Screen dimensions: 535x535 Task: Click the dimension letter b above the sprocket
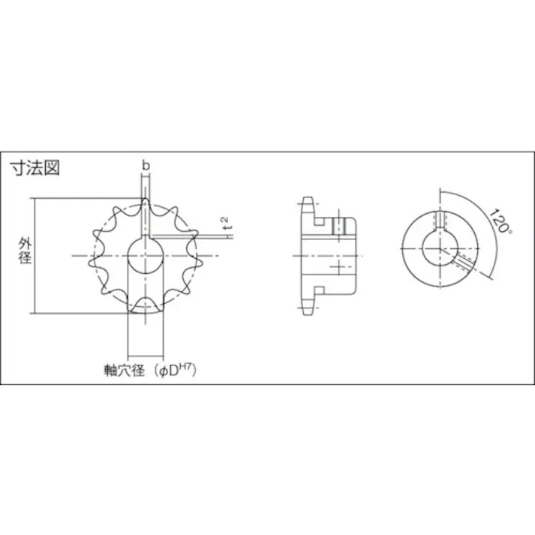click(x=146, y=165)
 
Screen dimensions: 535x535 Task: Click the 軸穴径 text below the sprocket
click(x=125, y=370)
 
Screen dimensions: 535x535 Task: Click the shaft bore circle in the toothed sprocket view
click(x=145, y=256)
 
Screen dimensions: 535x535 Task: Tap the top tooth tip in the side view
click(x=306, y=203)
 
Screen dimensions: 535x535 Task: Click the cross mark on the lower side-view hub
click(x=339, y=267)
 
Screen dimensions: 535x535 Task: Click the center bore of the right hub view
click(x=440, y=248)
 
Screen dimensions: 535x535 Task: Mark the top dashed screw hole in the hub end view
click(x=440, y=219)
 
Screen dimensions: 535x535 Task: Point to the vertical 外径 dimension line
click(x=34, y=255)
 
